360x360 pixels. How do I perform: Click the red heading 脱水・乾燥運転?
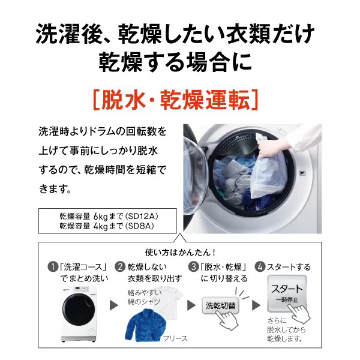pos(180,98)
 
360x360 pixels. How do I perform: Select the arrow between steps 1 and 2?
pos(113,305)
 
